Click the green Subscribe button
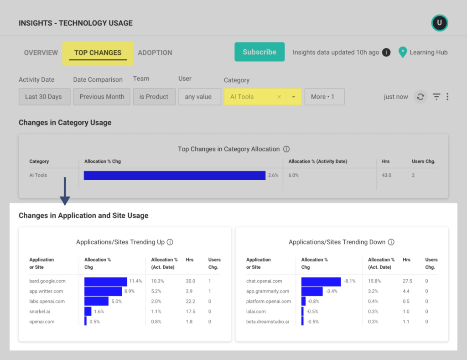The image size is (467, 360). coord(259,52)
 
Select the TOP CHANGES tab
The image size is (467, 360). coord(98,53)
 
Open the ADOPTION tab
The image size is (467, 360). coord(155,53)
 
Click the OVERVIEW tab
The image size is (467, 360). coord(41,53)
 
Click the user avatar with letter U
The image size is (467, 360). coord(440,23)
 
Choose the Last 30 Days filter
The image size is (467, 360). coord(43,97)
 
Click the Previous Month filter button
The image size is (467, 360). coord(102,97)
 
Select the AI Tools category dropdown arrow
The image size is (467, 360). coord(294,97)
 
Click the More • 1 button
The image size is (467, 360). coord(324,97)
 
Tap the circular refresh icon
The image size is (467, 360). coord(420,97)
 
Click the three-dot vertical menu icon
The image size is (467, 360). coord(447,97)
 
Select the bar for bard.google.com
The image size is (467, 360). coord(105,282)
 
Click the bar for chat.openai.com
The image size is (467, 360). coord(321,282)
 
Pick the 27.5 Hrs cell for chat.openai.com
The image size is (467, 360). coord(407,282)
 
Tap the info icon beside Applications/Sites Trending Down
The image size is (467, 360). coord(391,242)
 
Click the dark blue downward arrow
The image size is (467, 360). coord(65,192)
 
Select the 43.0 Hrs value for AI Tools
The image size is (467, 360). coord(386,175)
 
